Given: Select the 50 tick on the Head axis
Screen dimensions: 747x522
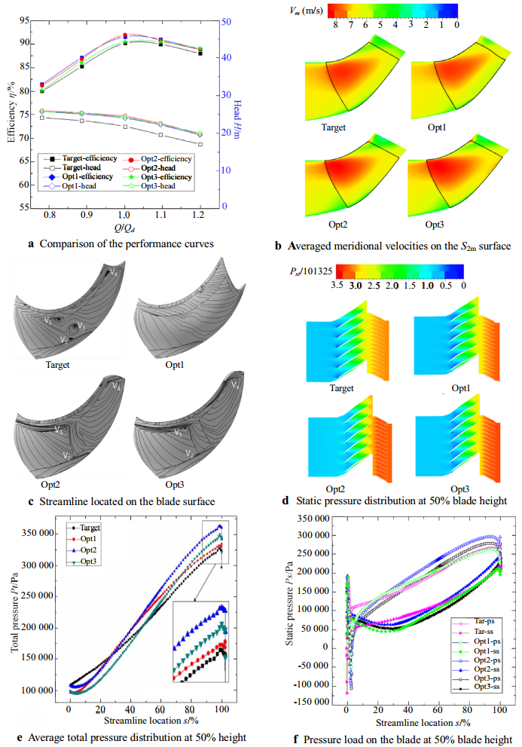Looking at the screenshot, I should click(224, 20).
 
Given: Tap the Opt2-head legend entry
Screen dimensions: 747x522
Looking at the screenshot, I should click(166, 167).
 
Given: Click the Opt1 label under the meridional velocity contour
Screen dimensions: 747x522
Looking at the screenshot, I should click(440, 127).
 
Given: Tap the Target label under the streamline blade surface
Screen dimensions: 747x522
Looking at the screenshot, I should click(57, 365).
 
